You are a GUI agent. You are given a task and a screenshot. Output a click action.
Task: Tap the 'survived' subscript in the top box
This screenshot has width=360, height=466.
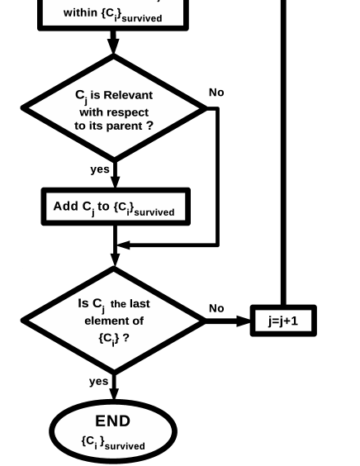141,17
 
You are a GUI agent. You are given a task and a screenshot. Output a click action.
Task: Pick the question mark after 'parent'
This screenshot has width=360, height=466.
149,126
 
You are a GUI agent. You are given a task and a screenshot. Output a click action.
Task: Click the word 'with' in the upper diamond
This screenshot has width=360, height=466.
90,111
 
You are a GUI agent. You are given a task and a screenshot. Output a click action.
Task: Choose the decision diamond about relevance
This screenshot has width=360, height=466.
114,108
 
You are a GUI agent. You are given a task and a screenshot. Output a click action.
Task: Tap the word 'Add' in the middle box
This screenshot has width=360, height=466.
65,207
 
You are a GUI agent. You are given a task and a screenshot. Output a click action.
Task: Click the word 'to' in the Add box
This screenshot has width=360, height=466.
104,207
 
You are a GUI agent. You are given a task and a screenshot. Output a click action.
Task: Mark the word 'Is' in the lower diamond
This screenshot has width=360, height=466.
83,304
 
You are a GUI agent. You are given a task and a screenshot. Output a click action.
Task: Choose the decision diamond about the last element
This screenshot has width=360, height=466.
114,321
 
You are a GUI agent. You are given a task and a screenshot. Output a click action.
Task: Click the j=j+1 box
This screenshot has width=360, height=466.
283,321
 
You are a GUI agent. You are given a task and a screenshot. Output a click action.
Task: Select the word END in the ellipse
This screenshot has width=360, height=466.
113,421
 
